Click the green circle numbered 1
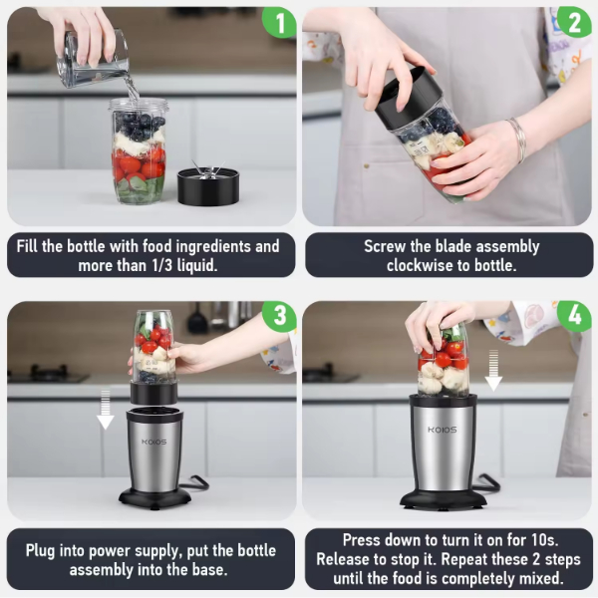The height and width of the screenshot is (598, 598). click(x=279, y=22)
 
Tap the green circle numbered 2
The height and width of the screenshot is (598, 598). click(x=574, y=22)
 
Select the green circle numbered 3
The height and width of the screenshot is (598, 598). click(x=279, y=316)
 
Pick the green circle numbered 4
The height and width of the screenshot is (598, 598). click(x=574, y=316)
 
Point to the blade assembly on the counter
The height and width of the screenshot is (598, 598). click(x=208, y=183)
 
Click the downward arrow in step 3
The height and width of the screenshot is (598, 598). click(x=105, y=409)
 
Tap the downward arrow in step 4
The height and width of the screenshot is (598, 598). click(x=493, y=370)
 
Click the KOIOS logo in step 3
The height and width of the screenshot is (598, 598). click(x=154, y=442)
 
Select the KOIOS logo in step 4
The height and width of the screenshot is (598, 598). click(x=442, y=430)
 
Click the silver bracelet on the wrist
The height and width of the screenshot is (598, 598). click(x=518, y=139)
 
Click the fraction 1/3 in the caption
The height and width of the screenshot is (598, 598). click(x=162, y=265)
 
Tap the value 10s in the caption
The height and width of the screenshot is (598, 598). click(x=544, y=539)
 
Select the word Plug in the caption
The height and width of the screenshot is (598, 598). click(x=40, y=551)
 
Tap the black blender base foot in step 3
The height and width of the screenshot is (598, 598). click(x=154, y=497)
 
